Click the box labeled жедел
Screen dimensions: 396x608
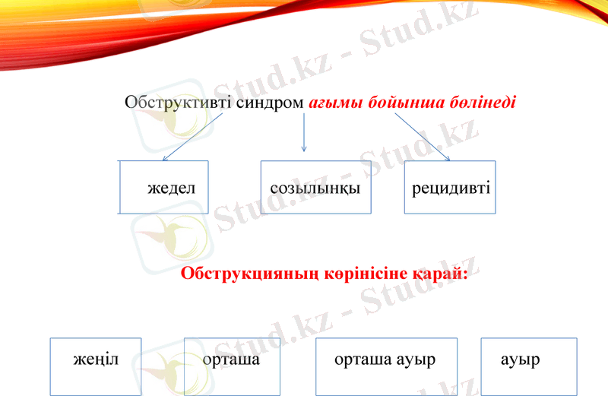click(164, 187)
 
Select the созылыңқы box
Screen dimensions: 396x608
click(315, 187)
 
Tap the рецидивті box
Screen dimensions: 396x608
click(450, 187)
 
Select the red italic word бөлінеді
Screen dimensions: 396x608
click(479, 102)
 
